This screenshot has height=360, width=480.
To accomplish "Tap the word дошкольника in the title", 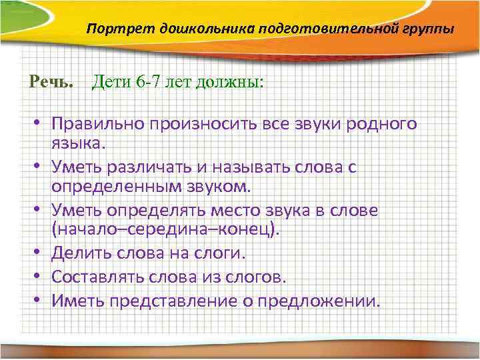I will (x=176, y=30).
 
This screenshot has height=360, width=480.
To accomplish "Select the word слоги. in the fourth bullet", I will (x=219, y=253).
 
